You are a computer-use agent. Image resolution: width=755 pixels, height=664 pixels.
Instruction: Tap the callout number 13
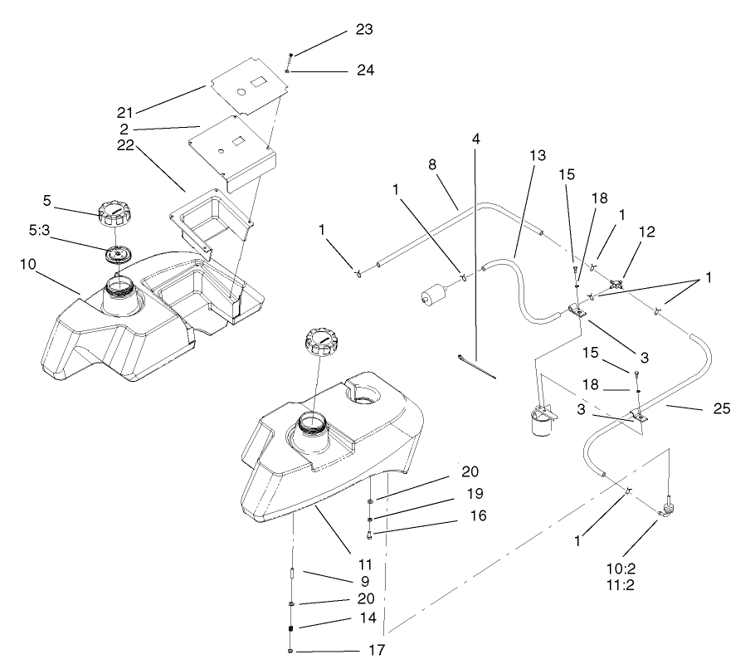(x=537, y=154)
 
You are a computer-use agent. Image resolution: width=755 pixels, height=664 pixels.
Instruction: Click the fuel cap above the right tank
(x=323, y=339)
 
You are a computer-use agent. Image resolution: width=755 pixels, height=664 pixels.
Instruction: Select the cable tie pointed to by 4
(x=476, y=366)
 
